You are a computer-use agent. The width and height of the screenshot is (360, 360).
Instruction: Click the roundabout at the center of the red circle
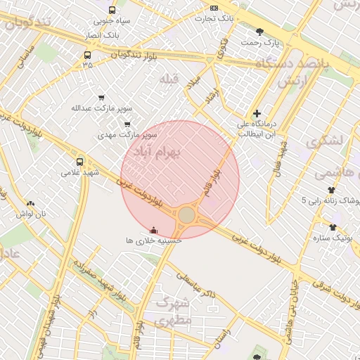[186, 214]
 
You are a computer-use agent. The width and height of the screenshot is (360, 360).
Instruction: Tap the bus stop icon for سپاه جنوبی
[112, 11]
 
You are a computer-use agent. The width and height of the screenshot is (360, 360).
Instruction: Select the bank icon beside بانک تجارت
[214, 8]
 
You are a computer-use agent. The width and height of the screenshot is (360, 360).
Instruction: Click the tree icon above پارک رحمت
[260, 32]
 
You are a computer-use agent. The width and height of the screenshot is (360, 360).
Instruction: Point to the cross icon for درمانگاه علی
[257, 112]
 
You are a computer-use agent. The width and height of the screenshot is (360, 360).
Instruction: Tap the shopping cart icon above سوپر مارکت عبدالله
[101, 98]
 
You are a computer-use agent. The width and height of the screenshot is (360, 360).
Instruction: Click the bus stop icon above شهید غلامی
[79, 161]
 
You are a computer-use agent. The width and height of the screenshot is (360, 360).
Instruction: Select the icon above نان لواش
[30, 203]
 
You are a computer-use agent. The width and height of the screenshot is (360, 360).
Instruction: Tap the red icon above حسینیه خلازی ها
[154, 230]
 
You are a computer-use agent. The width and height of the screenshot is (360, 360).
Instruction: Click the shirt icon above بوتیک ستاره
[333, 227]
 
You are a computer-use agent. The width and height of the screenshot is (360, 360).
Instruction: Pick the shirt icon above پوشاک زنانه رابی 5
[332, 190]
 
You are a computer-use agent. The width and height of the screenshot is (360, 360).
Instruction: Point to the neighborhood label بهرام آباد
[157, 150]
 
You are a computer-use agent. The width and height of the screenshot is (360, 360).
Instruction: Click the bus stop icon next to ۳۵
[88, 55]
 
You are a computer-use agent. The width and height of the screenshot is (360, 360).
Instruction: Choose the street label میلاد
[193, 82]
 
